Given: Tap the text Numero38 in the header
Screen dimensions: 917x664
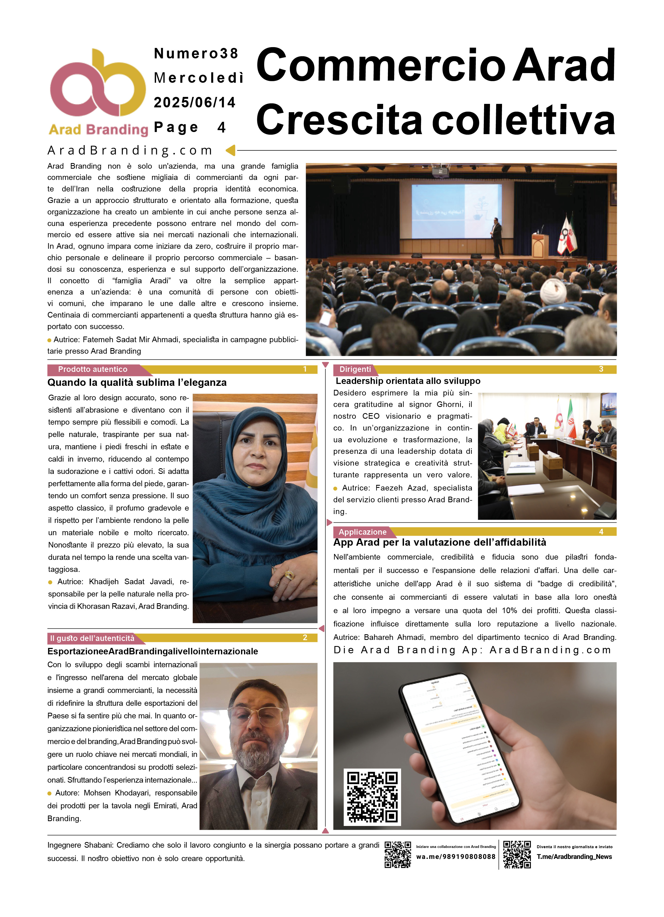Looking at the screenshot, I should pyautogui.click(x=196, y=53).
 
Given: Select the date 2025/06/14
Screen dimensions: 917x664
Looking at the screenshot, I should pyautogui.click(x=194, y=102).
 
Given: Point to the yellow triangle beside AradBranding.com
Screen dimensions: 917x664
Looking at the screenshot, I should pyautogui.click(x=231, y=150).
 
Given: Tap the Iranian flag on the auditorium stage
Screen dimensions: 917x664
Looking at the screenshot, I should pyautogui.click(x=571, y=236).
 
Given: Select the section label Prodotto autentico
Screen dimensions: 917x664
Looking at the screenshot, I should pyautogui.click(x=93, y=369).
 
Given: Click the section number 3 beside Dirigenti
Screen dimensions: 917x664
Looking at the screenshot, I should pyautogui.click(x=601, y=369).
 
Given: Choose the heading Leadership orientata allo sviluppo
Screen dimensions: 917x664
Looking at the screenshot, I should pyautogui.click(x=408, y=381).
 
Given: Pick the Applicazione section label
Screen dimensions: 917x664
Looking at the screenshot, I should pyautogui.click(x=362, y=532).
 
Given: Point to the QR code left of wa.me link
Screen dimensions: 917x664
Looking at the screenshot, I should pyautogui.click(x=398, y=854).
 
